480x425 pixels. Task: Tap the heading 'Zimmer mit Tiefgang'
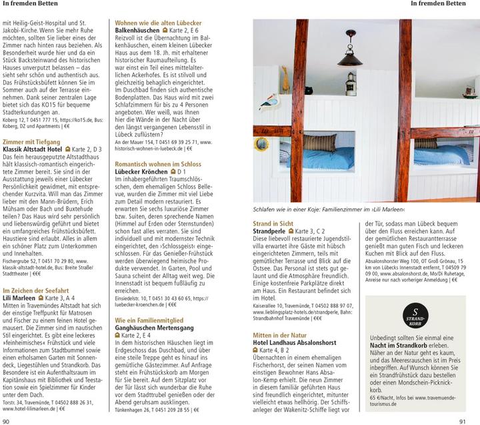coord(30,142)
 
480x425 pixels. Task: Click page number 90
coord(7,420)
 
